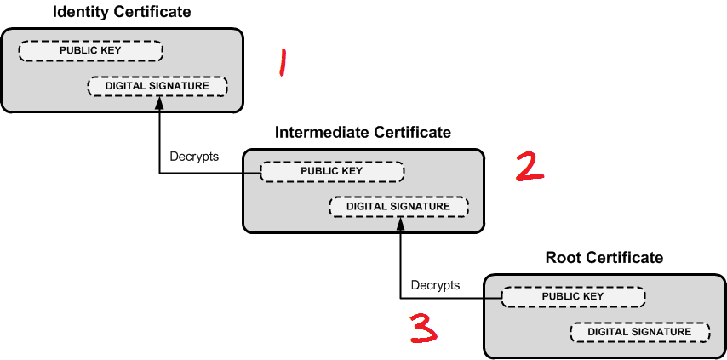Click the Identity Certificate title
pos(122,12)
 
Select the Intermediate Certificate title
pos(363,133)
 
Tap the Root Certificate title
pos(604,257)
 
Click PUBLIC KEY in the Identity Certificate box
pos(90,50)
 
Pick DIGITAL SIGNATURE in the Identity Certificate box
pos(157,86)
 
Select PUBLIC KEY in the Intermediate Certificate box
pos(331,171)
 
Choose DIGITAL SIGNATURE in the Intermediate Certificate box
pos(398,206)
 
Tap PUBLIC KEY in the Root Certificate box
pos(573,296)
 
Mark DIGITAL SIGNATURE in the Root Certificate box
pos(639,332)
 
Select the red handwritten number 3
pos(423,328)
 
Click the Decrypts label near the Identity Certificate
pos(194,157)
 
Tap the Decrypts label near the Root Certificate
pos(435,284)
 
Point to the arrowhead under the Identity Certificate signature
pos(159,103)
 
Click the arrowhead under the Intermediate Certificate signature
pos(400,223)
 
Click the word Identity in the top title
pos(81,12)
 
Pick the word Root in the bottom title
pos(562,257)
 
